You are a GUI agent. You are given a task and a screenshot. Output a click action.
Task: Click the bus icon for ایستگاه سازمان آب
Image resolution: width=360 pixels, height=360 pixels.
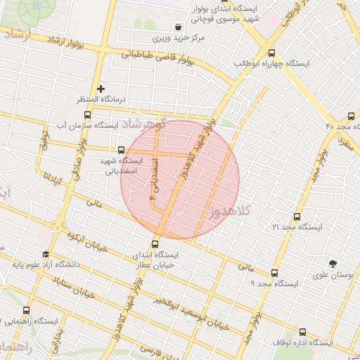point(87,115)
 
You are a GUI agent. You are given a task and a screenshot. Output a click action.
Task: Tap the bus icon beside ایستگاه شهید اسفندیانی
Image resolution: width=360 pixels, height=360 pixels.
point(122,149)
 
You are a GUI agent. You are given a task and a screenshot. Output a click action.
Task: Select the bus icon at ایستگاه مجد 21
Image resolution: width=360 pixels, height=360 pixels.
point(297,217)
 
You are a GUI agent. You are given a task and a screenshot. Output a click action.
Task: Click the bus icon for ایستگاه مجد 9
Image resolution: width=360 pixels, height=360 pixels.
point(274,273)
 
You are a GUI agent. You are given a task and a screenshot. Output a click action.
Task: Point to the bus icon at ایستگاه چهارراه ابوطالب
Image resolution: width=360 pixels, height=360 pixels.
point(271,52)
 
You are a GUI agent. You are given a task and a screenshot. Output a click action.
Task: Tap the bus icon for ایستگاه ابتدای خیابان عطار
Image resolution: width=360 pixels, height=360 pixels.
point(155,245)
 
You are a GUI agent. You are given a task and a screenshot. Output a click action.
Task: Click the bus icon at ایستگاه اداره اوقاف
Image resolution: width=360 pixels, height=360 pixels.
point(302,332)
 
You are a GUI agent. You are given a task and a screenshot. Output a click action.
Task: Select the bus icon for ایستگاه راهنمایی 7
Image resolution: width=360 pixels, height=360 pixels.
point(27,310)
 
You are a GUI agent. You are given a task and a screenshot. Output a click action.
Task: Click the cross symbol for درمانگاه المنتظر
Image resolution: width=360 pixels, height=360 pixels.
point(101,89)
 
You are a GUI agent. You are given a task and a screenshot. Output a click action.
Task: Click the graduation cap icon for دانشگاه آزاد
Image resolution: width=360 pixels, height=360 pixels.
point(46,255)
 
